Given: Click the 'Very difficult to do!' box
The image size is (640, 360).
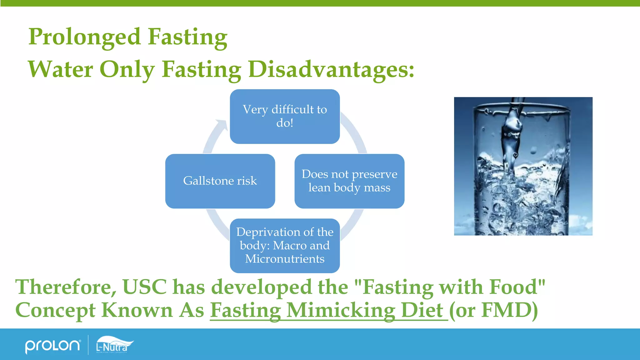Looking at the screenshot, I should (285, 116).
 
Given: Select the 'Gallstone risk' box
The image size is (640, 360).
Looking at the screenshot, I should (220, 181).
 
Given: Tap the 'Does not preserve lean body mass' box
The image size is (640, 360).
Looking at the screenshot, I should (349, 181).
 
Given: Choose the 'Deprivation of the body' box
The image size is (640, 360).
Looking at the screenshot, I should (285, 246).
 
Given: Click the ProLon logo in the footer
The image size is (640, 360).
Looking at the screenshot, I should (52, 346).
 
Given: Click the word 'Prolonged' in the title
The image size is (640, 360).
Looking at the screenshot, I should (84, 37).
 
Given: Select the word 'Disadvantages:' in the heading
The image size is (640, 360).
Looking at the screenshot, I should (331, 69).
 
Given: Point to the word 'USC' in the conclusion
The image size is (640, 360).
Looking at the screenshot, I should (144, 287).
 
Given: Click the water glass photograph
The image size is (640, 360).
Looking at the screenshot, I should (523, 166).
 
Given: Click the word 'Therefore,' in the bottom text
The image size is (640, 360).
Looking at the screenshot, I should (66, 287).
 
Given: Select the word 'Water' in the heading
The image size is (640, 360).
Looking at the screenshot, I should (60, 69).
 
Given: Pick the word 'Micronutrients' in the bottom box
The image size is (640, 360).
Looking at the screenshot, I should (285, 259).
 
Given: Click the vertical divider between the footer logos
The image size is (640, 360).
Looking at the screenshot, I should (88, 345).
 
